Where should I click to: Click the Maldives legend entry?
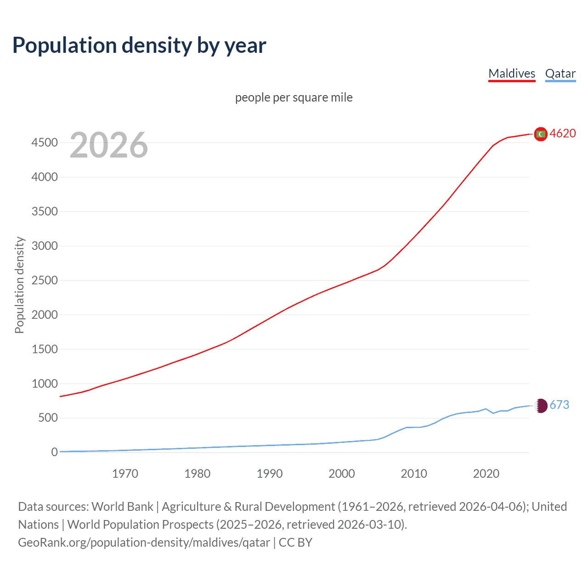point(512,73)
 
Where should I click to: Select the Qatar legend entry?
point(560,73)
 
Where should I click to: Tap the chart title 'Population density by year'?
point(139,45)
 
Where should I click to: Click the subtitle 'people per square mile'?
point(294,97)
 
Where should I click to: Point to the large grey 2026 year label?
point(109,145)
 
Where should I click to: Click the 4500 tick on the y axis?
point(45,143)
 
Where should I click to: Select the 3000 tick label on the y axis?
point(45,246)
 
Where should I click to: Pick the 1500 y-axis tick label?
point(45,350)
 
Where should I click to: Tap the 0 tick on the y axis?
point(55,452)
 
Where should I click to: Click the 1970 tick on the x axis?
point(125,474)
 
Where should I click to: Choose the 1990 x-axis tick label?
point(270,474)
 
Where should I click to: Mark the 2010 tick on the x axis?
point(414,474)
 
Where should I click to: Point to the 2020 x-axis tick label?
point(486,474)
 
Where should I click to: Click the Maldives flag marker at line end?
point(541,134)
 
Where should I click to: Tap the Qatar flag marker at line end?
point(541,406)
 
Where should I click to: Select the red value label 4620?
point(563,134)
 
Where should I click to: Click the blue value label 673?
point(559,405)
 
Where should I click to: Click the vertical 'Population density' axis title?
point(19,285)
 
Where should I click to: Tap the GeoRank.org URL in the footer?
point(144,543)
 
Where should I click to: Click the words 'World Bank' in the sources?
point(122,507)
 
